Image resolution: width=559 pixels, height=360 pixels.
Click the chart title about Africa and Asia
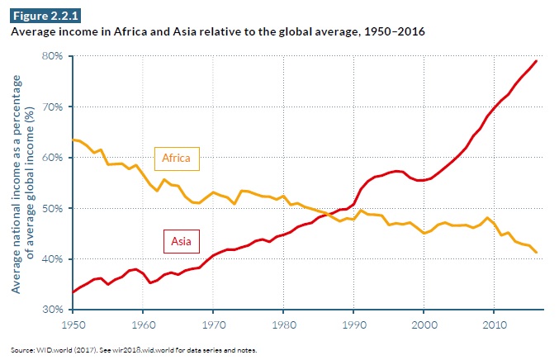[x=220, y=32]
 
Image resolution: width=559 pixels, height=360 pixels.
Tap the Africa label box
[x=178, y=158]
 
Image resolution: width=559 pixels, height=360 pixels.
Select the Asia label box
[x=178, y=242]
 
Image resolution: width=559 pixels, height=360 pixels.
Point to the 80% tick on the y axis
[x=53, y=56]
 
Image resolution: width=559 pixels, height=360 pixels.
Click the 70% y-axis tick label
[x=53, y=107]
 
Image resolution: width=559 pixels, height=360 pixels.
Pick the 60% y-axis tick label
[x=53, y=157]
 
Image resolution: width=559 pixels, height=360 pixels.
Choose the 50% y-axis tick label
[x=53, y=208]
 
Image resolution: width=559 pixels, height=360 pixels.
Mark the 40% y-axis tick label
[x=53, y=258]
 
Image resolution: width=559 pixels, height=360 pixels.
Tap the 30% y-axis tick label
[x=53, y=309]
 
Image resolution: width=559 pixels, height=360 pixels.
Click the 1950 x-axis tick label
[x=73, y=323]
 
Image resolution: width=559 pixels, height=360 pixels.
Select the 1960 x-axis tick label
[x=144, y=323]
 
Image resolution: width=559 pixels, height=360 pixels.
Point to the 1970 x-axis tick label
[x=214, y=323]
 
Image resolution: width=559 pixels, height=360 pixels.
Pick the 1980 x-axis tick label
[x=283, y=323]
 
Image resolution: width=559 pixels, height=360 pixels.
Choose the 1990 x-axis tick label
[x=353, y=323]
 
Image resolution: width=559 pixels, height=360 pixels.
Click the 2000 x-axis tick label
[x=424, y=323]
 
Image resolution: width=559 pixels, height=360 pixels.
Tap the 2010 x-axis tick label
[x=494, y=323]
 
